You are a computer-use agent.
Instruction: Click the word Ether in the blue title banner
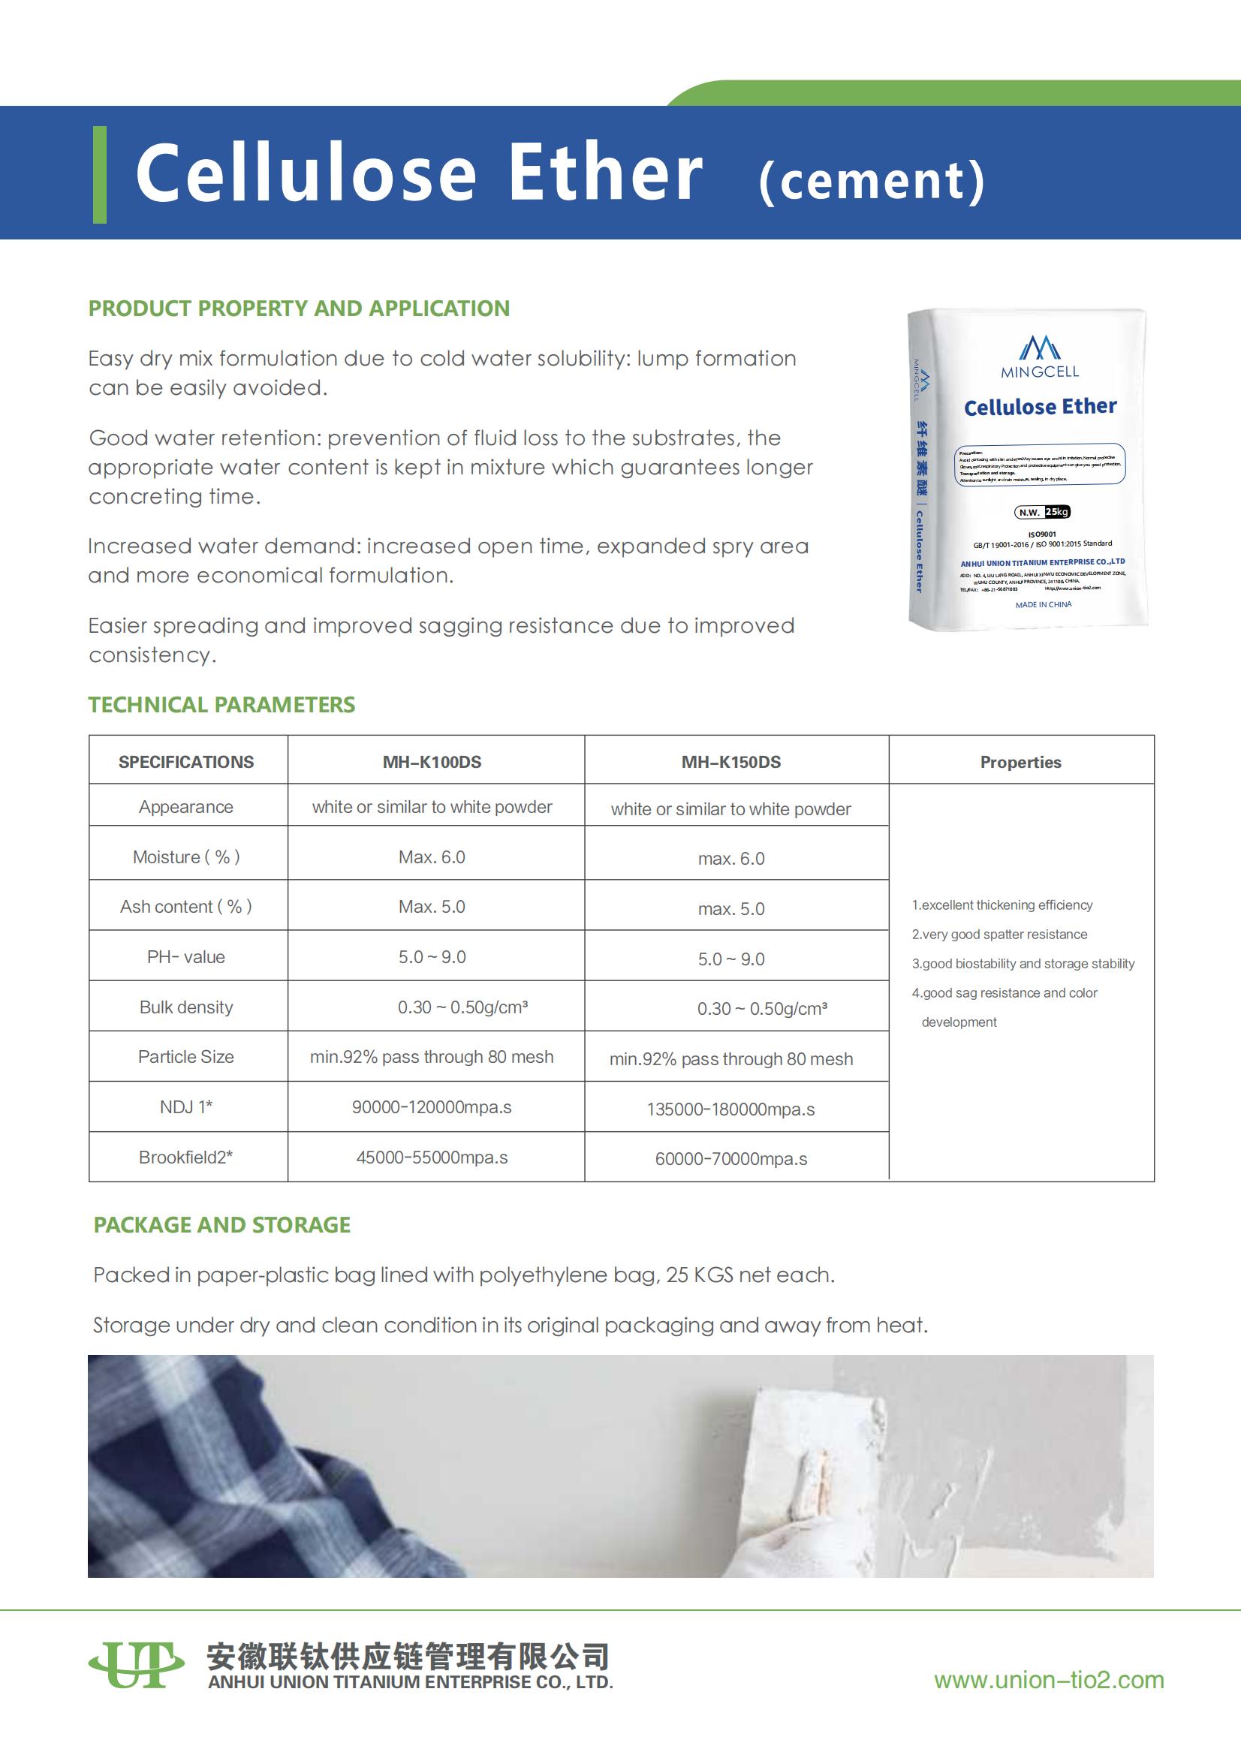pyautogui.click(x=604, y=173)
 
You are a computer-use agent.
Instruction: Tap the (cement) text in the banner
pyautogui.click(x=872, y=181)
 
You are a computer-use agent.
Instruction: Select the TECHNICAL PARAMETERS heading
pyautogui.click(x=221, y=705)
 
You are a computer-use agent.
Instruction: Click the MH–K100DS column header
pyautogui.click(x=432, y=762)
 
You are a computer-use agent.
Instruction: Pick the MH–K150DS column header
pyautogui.click(x=731, y=762)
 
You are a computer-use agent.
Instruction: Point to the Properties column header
pyautogui.click(x=1020, y=762)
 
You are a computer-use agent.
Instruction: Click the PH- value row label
pyautogui.click(x=185, y=957)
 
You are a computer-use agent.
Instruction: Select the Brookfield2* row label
pyautogui.click(x=185, y=1157)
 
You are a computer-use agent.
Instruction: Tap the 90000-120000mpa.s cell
pyautogui.click(x=432, y=1106)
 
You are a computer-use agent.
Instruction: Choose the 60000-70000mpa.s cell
pyautogui.click(x=731, y=1159)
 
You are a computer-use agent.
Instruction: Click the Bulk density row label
pyautogui.click(x=185, y=1007)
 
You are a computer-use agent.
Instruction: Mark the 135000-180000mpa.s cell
pyautogui.click(x=731, y=1109)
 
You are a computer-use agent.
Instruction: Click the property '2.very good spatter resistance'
pyautogui.click(x=999, y=934)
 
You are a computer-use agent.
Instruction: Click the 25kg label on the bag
pyautogui.click(x=1057, y=512)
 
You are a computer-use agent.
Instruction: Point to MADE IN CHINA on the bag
pyautogui.click(x=1043, y=604)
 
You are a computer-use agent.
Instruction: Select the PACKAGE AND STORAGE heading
pyautogui.click(x=221, y=1225)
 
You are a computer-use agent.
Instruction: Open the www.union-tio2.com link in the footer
pyautogui.click(x=1048, y=1680)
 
